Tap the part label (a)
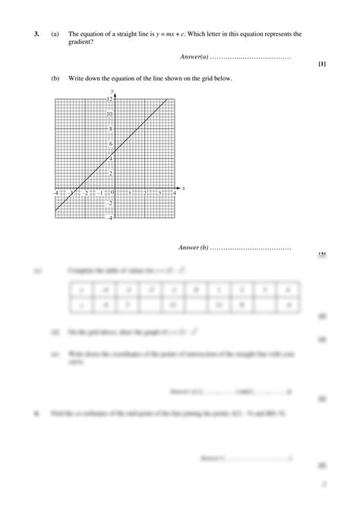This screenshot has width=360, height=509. click(x=55, y=34)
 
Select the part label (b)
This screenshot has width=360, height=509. click(x=55, y=79)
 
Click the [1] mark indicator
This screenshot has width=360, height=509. click(x=322, y=64)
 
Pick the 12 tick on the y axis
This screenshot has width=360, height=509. click(x=110, y=100)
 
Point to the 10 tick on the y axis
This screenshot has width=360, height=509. click(x=110, y=114)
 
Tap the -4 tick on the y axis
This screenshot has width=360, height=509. click(x=109, y=218)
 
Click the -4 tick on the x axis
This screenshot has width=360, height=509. click(x=55, y=194)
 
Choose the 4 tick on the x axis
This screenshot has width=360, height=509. click(x=175, y=194)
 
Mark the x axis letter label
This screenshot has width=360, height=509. click(x=184, y=188)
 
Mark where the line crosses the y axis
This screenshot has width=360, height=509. click(x=115, y=151)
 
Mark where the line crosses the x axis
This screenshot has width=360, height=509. click(x=77, y=188)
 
